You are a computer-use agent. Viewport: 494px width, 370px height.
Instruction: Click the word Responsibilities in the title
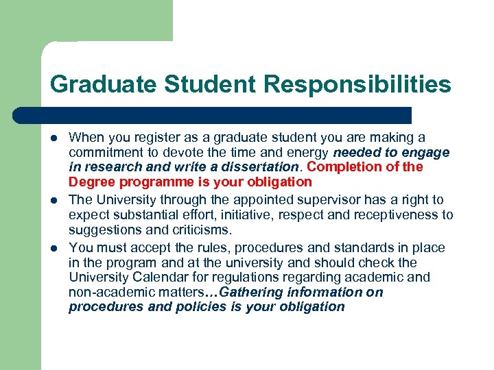[x=357, y=84]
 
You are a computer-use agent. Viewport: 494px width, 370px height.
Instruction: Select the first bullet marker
[x=54, y=138]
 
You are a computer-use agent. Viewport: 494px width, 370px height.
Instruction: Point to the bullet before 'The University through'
[x=54, y=200]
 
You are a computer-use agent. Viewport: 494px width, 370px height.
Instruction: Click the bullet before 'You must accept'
[x=54, y=247]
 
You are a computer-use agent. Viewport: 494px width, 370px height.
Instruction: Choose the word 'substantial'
[x=145, y=215]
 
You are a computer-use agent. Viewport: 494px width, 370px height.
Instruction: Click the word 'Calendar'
[x=155, y=277]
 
